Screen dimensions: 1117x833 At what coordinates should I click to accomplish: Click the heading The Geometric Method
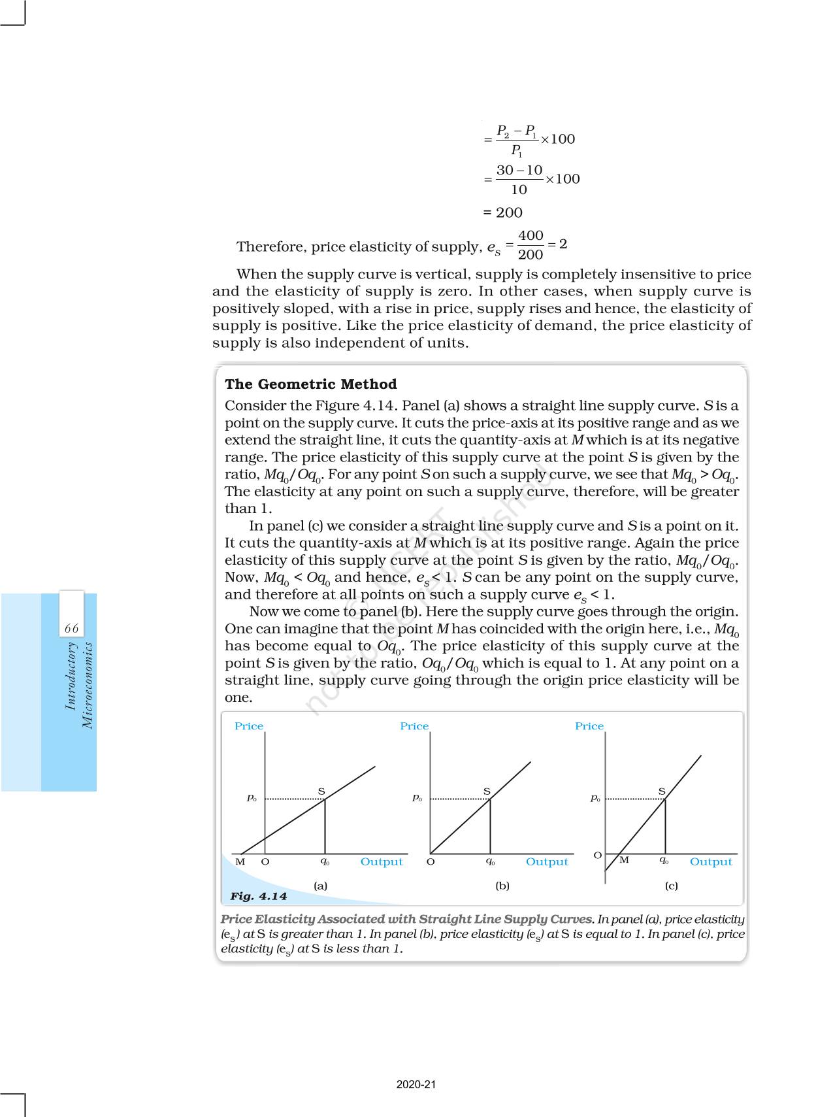point(310,384)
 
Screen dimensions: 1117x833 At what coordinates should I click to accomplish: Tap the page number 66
point(71,628)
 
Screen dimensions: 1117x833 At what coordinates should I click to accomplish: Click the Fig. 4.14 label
point(258,896)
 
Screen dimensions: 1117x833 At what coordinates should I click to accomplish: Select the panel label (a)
point(320,886)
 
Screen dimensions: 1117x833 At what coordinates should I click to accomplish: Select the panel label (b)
point(502,886)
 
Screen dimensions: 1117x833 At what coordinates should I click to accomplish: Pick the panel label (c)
point(671,886)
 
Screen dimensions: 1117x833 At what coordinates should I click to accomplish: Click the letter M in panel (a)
point(240,861)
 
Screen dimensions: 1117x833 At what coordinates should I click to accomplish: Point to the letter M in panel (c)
point(624,860)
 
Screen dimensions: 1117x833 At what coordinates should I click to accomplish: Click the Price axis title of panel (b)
point(414,726)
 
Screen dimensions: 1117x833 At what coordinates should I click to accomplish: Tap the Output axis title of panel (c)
point(711,862)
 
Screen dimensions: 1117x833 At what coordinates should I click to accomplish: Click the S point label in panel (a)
point(321,792)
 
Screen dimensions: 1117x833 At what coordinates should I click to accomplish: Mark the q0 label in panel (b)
point(490,861)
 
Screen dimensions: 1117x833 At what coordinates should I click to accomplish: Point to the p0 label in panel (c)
point(595,798)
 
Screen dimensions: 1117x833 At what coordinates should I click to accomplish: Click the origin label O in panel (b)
point(431,861)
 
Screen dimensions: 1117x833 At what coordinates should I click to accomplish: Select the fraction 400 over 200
point(531,244)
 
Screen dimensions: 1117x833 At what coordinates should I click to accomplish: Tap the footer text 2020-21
point(416,1084)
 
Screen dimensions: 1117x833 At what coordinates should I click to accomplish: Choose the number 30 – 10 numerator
point(519,171)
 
